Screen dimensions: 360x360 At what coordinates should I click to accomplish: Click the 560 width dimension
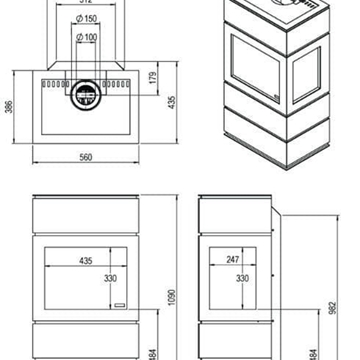[84, 158]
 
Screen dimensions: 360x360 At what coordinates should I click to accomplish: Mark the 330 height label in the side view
[241, 281]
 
